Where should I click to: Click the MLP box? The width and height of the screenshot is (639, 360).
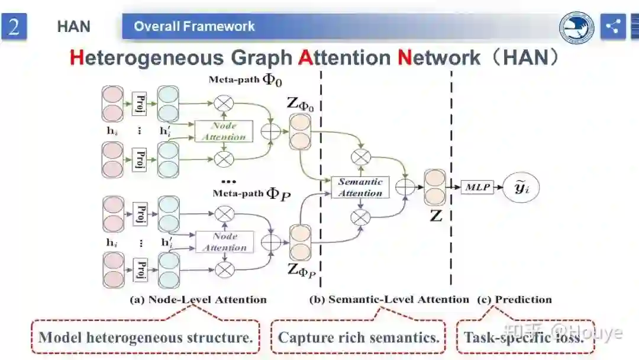477,188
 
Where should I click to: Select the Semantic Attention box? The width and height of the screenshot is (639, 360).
360,187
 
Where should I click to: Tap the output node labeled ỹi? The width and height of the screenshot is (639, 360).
521,188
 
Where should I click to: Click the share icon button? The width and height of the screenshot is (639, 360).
613,27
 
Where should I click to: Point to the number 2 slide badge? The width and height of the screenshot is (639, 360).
14,27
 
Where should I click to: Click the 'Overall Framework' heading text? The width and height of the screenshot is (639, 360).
194,27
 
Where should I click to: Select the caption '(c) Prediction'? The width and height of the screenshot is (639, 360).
514,300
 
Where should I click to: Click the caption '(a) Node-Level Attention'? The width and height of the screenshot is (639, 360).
198,300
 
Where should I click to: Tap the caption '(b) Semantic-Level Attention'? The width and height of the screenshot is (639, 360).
389,300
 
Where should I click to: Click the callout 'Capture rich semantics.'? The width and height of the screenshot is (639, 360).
359,338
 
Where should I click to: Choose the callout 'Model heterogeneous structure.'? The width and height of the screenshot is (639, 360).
146,338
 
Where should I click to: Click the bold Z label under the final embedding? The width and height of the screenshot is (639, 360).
436,216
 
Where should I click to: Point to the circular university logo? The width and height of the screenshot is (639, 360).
577,27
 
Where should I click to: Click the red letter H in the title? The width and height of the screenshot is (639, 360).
77,58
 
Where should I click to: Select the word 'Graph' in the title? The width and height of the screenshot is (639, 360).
261,58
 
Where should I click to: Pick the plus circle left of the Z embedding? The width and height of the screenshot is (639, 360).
406,187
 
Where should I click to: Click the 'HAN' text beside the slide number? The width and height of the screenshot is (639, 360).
73,27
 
